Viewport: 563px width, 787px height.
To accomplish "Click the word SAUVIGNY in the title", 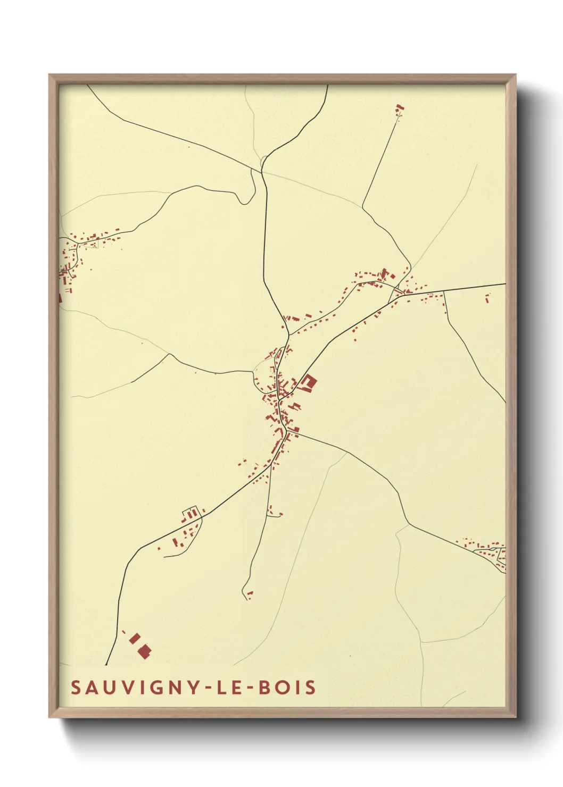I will tap(133, 688).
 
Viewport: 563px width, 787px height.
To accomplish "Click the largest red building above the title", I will tap(144, 651).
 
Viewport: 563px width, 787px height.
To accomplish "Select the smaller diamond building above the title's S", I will tap(135, 638).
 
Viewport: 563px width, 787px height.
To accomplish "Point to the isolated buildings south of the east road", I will tap(487, 298).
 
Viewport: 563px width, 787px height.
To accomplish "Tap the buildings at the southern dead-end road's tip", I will tap(249, 594).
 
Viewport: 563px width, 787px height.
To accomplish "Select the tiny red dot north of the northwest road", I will tap(188, 147).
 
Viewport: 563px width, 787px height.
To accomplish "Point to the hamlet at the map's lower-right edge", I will tap(487, 550).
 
